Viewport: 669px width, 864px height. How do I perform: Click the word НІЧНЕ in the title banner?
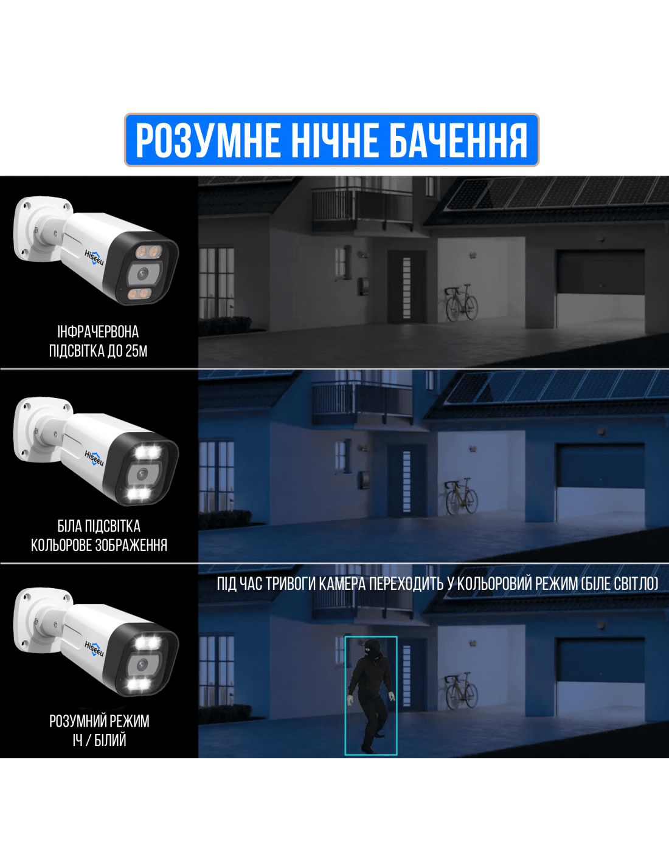tap(334, 140)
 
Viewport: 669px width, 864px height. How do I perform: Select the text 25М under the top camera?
tap(136, 351)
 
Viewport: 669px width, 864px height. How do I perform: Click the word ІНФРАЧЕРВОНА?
tap(98, 332)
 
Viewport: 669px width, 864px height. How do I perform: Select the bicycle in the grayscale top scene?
tap(461, 302)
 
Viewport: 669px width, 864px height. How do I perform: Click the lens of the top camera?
tap(142, 273)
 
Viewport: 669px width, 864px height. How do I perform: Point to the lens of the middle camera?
tap(142, 473)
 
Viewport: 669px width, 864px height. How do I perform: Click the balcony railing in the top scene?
tap(362, 208)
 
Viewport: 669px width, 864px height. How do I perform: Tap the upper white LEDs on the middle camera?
tap(148, 452)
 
